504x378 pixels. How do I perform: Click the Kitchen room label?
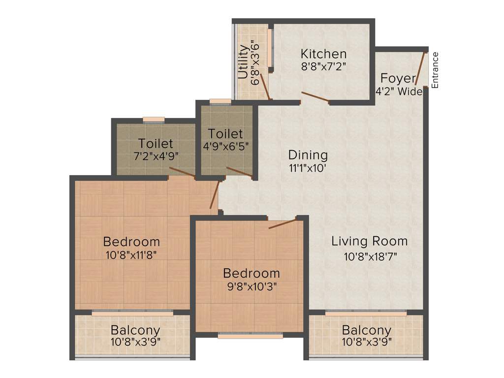click(x=323, y=54)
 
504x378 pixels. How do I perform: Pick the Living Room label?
click(x=369, y=241)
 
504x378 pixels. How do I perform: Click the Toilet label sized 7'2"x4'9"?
click(x=156, y=144)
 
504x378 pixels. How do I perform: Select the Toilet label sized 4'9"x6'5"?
click(x=225, y=134)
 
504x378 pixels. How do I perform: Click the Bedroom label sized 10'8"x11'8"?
click(x=131, y=242)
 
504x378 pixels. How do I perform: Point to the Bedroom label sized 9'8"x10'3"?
click(x=251, y=273)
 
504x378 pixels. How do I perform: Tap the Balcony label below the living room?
click(x=367, y=330)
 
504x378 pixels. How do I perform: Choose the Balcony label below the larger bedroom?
click(x=135, y=330)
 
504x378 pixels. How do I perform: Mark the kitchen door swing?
click(x=315, y=97)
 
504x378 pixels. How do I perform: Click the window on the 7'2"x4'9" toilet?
click(x=154, y=119)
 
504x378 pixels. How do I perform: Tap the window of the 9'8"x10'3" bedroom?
click(x=251, y=336)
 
